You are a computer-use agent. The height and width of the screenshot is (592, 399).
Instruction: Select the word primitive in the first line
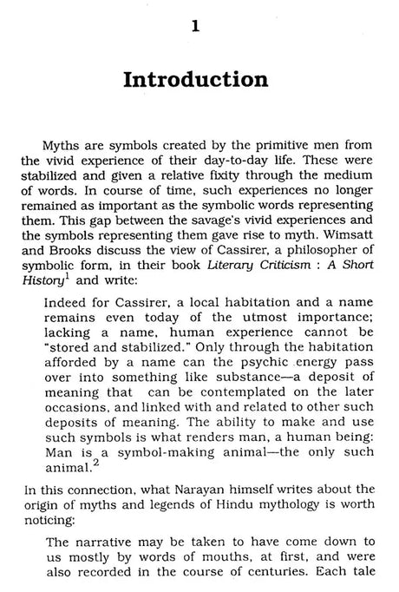(x=235, y=142)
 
